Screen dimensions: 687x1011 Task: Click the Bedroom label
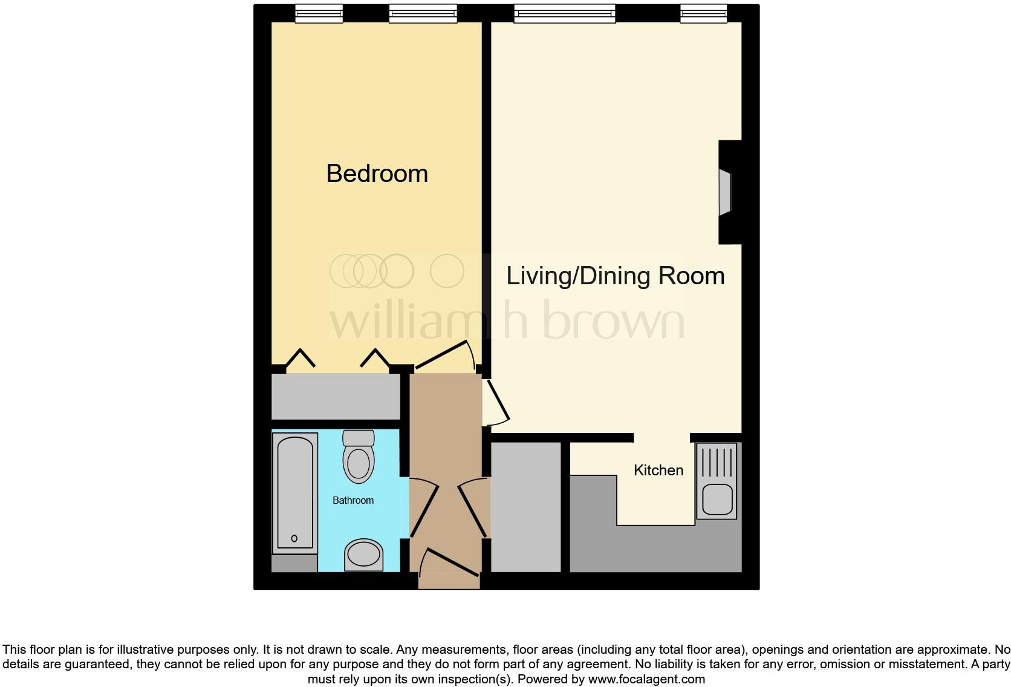pyautogui.click(x=377, y=174)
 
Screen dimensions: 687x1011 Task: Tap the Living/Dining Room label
pyautogui.click(x=615, y=276)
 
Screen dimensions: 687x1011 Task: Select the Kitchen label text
pyautogui.click(x=658, y=470)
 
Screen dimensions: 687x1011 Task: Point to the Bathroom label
pyautogui.click(x=353, y=500)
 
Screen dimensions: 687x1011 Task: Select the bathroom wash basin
pyautogui.click(x=363, y=555)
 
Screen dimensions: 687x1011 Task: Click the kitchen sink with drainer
pyautogui.click(x=717, y=481)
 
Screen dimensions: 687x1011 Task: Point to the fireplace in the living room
pyautogui.click(x=726, y=192)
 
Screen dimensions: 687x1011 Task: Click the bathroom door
pyautogui.click(x=424, y=508)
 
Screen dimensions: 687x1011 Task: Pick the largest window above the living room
pyautogui.click(x=564, y=13)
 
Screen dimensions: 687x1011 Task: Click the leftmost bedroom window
pyautogui.click(x=319, y=13)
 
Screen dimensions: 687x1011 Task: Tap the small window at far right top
pyautogui.click(x=703, y=13)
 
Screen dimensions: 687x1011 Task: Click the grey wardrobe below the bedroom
pyautogui.click(x=336, y=396)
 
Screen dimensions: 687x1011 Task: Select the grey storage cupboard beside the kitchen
pyautogui.click(x=525, y=507)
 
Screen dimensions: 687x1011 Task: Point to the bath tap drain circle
pyautogui.click(x=294, y=538)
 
